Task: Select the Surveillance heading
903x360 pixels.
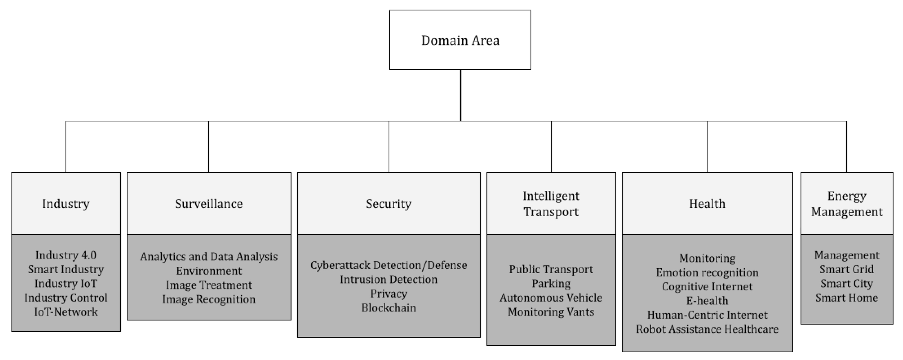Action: point(209,204)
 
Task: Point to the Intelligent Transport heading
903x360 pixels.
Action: point(551,204)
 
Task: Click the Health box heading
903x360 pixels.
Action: point(707,204)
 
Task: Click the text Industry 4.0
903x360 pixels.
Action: point(66,255)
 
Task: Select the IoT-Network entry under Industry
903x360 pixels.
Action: point(66,312)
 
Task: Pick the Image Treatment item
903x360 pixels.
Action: point(209,285)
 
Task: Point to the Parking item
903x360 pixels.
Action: point(551,283)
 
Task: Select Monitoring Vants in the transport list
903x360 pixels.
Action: point(551,312)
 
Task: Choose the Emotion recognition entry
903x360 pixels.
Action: point(707,272)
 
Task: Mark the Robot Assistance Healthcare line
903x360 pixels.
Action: point(707,329)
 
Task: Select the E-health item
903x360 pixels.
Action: point(707,301)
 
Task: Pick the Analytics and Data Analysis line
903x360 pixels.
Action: point(209,257)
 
